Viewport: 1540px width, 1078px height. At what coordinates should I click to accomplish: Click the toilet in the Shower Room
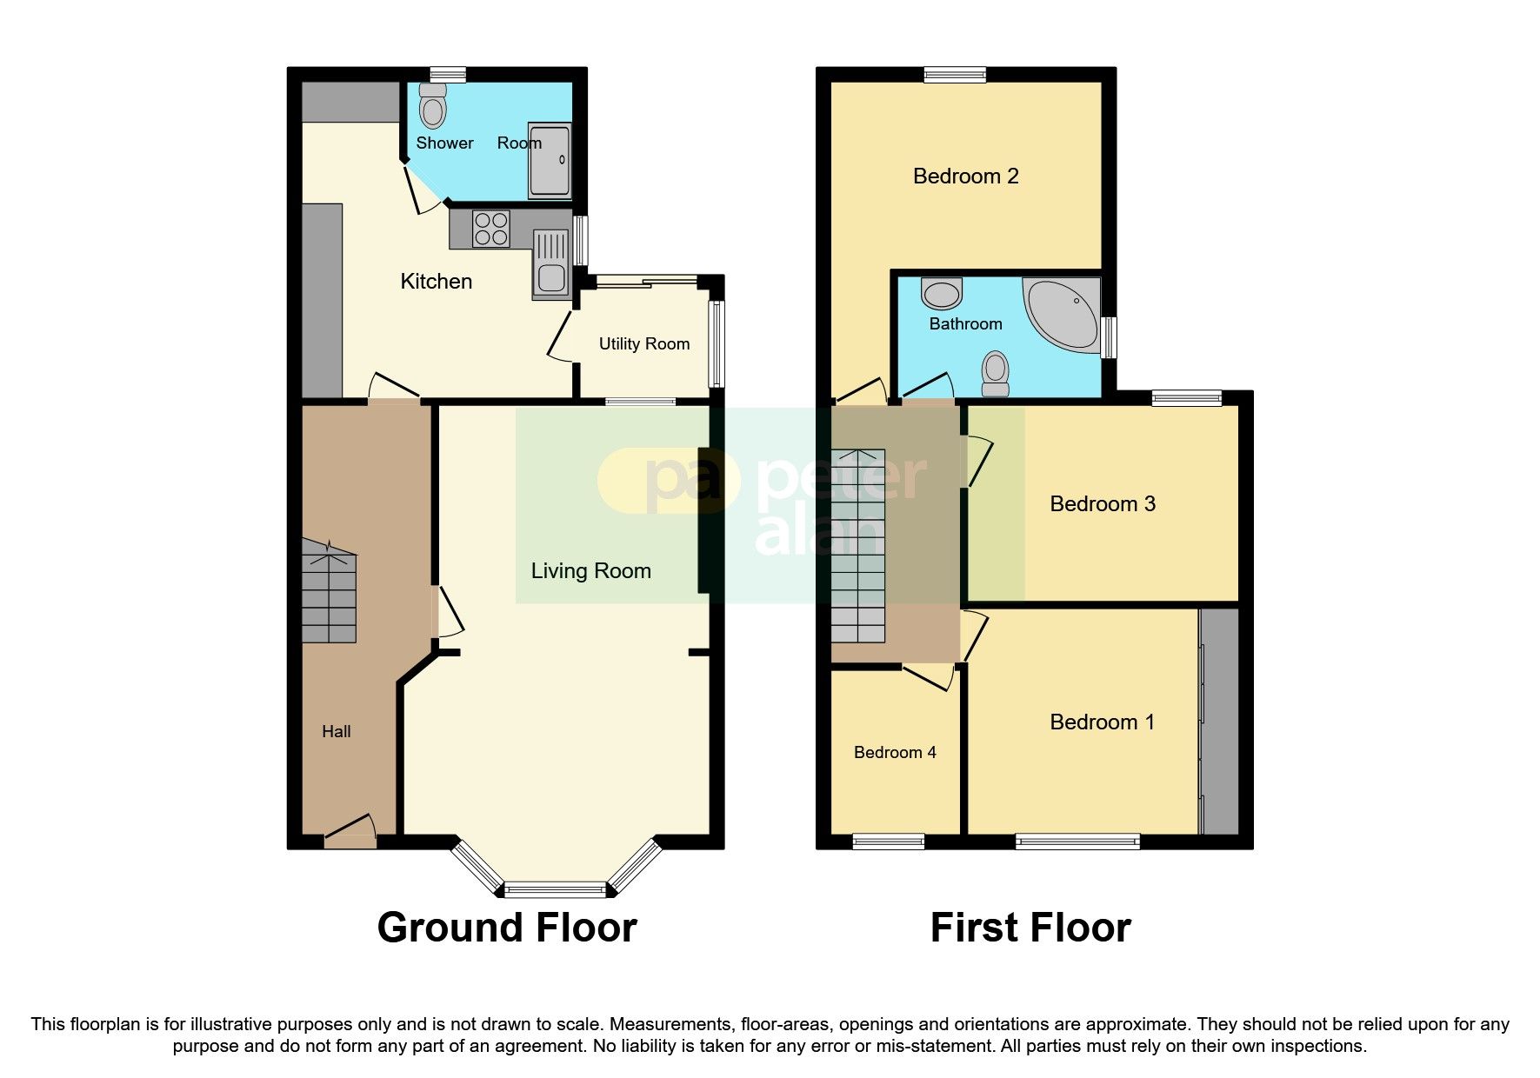tap(432, 107)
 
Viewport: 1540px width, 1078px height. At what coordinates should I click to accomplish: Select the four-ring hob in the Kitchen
tap(490, 229)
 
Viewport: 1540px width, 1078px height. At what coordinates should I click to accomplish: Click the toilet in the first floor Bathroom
tap(995, 375)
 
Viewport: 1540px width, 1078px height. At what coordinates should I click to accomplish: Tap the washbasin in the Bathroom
tap(942, 294)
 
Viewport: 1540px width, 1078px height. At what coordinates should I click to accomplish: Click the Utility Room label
tap(643, 344)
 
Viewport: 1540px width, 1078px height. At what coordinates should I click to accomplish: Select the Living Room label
tap(590, 571)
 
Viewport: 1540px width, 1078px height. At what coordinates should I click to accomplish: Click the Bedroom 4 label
tap(895, 753)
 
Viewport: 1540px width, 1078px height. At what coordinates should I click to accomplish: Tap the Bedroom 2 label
tap(965, 176)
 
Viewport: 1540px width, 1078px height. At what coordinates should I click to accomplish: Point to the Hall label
tap(336, 732)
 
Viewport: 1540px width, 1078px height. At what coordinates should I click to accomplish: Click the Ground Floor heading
tap(507, 928)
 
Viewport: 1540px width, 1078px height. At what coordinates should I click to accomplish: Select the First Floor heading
tap(1030, 928)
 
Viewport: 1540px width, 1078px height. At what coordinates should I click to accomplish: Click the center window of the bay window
tap(555, 889)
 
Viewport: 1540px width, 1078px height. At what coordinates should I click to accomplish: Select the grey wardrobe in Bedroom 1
tap(1219, 722)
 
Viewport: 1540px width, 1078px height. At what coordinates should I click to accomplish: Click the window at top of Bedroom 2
tap(955, 76)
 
